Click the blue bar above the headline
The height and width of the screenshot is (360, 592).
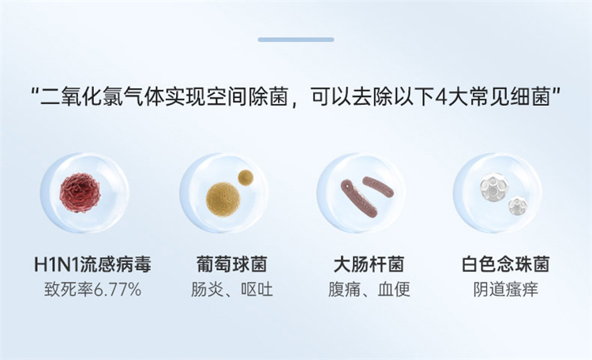tap(296, 39)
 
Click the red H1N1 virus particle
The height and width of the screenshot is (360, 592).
tap(80, 193)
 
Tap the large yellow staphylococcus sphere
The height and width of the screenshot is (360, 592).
tap(223, 200)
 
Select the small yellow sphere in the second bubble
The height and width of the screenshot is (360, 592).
tap(245, 178)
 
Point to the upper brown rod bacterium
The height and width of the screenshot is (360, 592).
tap(378, 186)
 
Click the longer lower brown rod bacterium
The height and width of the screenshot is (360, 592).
tap(358, 198)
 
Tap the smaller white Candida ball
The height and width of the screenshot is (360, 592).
tap(517, 205)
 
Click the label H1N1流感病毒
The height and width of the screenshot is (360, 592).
tap(92, 264)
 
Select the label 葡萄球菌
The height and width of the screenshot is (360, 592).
tap(232, 264)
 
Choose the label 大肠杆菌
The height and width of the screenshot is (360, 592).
tap(369, 264)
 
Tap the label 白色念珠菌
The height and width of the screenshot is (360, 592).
tap(505, 264)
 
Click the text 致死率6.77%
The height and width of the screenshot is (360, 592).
tap(93, 290)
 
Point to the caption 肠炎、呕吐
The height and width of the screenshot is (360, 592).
tap(232, 290)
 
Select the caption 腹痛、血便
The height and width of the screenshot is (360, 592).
tap(369, 290)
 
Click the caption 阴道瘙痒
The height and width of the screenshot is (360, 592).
tap(505, 290)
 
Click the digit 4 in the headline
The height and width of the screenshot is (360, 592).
tap(440, 97)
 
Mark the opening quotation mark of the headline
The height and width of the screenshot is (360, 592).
tap(36, 92)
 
